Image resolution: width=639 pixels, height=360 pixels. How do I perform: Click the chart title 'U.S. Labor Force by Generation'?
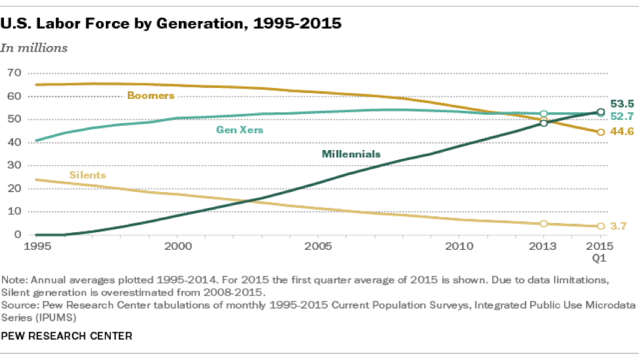(x=172, y=24)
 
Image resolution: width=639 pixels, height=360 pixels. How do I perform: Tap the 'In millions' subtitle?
(x=34, y=48)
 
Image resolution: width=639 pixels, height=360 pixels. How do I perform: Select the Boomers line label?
(x=151, y=96)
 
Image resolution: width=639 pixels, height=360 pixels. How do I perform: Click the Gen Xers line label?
(x=240, y=130)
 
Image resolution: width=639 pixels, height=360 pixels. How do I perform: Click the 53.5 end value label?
(x=621, y=104)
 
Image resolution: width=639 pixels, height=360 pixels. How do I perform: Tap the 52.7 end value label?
(x=621, y=117)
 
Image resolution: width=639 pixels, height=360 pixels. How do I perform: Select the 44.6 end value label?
(x=621, y=132)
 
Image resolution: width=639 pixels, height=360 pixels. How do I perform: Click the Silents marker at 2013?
(x=543, y=224)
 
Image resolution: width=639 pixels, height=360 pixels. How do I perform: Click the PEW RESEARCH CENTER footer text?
(x=67, y=336)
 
